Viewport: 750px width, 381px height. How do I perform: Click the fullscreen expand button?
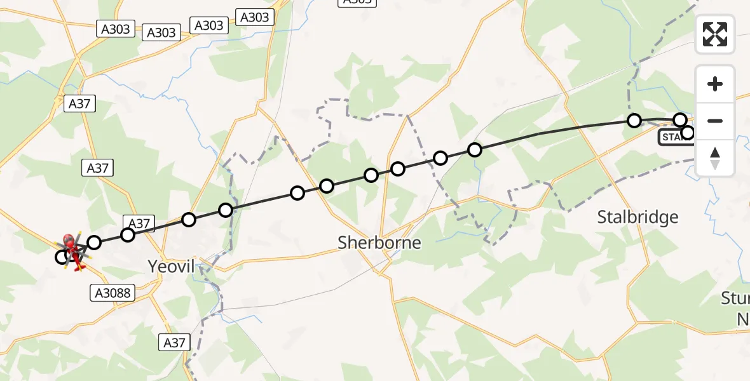(x=715, y=34)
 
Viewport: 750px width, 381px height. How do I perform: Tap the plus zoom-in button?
(x=715, y=84)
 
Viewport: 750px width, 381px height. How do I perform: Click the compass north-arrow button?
(x=715, y=158)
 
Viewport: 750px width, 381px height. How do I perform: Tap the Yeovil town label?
(x=171, y=266)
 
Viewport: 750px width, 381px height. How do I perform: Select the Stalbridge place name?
(x=637, y=218)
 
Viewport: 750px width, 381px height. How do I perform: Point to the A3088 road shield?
(x=112, y=292)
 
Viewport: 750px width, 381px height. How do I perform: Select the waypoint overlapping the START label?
(x=688, y=133)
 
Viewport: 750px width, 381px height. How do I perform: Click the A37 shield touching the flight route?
(x=139, y=224)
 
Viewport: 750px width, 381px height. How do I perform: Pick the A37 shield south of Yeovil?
(x=174, y=343)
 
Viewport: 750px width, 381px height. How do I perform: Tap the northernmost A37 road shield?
(x=79, y=104)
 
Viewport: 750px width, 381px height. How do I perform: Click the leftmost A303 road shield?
(x=116, y=29)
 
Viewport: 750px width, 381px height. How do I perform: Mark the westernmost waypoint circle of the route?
(x=62, y=257)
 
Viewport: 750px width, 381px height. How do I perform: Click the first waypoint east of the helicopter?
(x=94, y=242)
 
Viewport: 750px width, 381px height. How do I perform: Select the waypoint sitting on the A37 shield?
(x=128, y=235)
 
